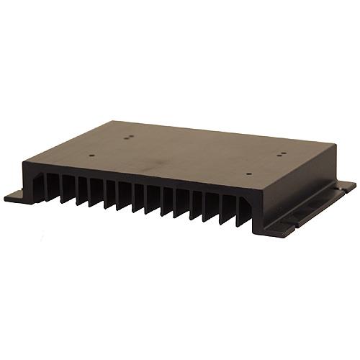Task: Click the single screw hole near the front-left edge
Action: (93, 153)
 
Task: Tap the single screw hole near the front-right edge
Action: (248, 174)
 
